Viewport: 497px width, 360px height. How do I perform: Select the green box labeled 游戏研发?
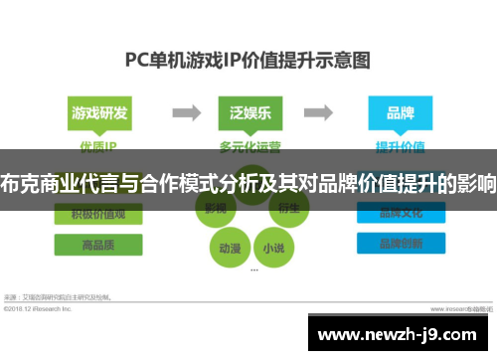click(98, 112)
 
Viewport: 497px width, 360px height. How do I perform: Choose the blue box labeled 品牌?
click(400, 112)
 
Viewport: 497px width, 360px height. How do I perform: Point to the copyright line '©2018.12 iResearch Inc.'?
click(40, 308)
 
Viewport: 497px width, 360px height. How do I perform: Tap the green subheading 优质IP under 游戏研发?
click(98, 145)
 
